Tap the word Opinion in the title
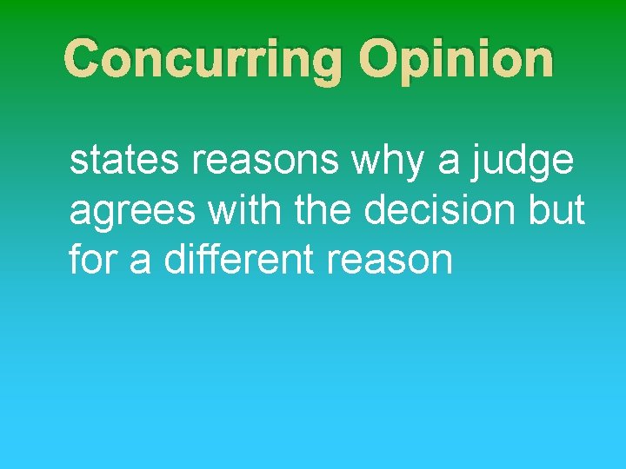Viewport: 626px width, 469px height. coord(456,59)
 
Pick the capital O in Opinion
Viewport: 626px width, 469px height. coord(381,59)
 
